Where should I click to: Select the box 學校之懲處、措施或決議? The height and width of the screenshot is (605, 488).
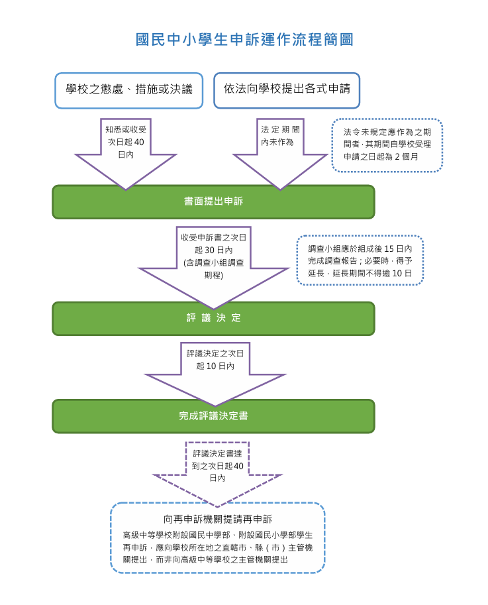tap(128, 90)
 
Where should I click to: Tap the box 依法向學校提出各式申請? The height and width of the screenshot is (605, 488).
tap(287, 89)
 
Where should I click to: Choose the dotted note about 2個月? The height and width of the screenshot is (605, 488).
tap(387, 146)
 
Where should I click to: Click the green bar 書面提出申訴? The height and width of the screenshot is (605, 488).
tap(213, 201)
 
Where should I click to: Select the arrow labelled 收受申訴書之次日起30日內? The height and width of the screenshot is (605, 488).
tap(213, 262)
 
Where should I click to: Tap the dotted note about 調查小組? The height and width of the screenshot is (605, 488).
tap(360, 260)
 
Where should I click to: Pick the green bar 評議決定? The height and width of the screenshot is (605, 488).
tap(213, 319)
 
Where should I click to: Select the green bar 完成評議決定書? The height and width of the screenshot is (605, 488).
tap(213, 416)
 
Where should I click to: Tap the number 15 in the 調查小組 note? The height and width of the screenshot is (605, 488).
tap(388, 248)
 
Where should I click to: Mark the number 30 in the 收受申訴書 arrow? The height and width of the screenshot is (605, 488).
tap(209, 250)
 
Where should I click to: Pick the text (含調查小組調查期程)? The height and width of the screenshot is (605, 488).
tap(213, 268)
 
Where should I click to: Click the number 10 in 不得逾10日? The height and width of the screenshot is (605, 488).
tap(397, 273)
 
